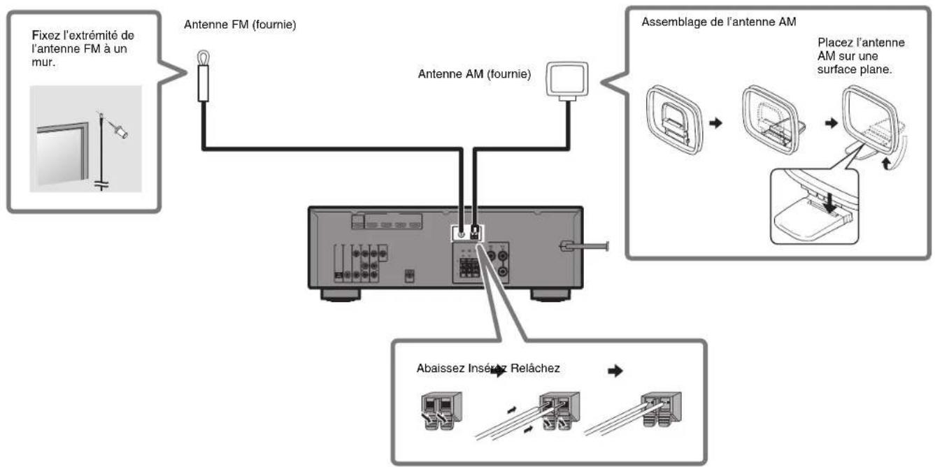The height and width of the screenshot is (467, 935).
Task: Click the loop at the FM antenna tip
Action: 201,59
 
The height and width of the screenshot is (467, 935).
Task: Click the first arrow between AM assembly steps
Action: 713,120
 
